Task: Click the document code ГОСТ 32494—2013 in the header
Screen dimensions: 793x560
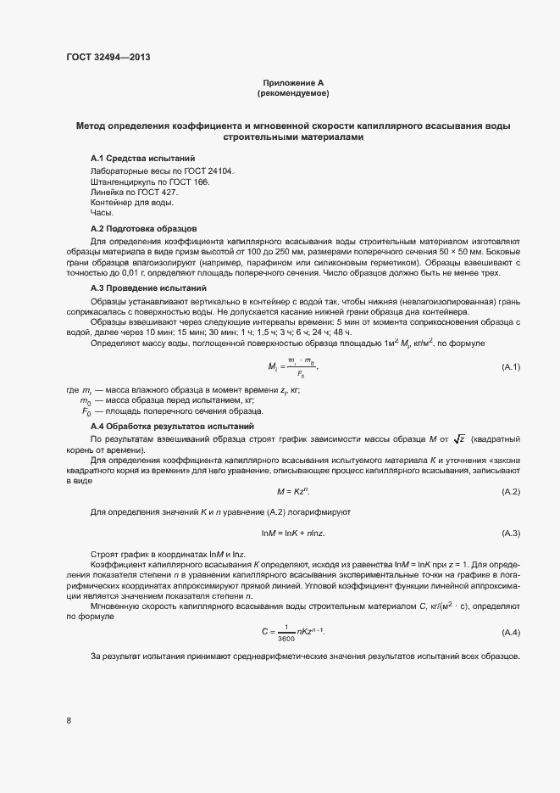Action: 109,57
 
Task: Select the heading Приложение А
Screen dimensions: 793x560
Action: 292,82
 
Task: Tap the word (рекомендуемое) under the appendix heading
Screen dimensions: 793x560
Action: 292,92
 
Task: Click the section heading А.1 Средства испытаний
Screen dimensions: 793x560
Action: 142,159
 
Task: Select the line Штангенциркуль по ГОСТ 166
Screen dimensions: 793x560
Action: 148,181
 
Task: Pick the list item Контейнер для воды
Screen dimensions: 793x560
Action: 132,204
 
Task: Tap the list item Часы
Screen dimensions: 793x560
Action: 102,214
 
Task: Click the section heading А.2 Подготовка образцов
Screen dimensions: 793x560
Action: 144,229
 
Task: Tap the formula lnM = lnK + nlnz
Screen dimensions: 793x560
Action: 293,533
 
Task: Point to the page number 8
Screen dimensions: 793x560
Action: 69,721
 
